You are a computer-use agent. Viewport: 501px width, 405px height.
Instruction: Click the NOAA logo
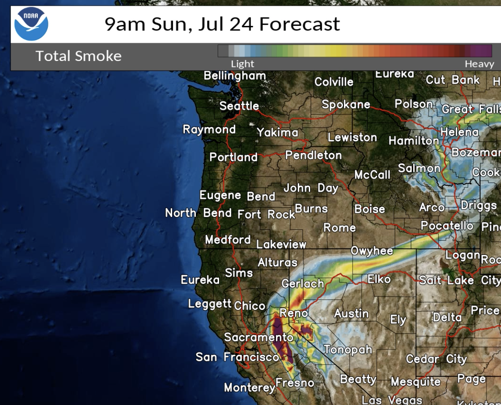click(x=31, y=25)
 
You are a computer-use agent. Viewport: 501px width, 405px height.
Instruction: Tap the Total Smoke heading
click(x=78, y=56)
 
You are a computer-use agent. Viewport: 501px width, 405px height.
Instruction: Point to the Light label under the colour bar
click(x=242, y=64)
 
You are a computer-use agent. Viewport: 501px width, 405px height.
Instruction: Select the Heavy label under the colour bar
click(x=479, y=64)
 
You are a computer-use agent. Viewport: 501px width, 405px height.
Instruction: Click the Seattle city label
click(x=239, y=106)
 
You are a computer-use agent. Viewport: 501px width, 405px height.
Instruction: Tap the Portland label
click(x=233, y=157)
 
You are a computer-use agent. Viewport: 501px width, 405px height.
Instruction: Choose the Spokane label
click(x=346, y=104)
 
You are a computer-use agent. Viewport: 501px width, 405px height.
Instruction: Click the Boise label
click(x=369, y=209)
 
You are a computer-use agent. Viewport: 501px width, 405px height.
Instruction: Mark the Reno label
click(x=293, y=313)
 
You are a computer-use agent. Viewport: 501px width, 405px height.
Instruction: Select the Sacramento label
click(x=258, y=337)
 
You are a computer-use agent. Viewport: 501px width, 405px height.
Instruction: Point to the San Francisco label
click(x=237, y=357)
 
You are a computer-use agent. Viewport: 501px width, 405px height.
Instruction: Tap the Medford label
click(x=228, y=240)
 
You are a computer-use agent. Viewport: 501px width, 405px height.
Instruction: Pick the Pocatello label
click(x=447, y=226)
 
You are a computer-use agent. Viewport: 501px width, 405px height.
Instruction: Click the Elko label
click(x=379, y=278)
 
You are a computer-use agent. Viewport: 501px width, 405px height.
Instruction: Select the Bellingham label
click(x=235, y=76)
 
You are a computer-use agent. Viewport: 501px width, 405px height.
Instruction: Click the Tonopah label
click(x=348, y=349)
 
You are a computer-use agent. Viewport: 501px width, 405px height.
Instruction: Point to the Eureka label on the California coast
click(x=200, y=279)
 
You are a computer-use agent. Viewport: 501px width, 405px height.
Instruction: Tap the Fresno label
click(x=295, y=383)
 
